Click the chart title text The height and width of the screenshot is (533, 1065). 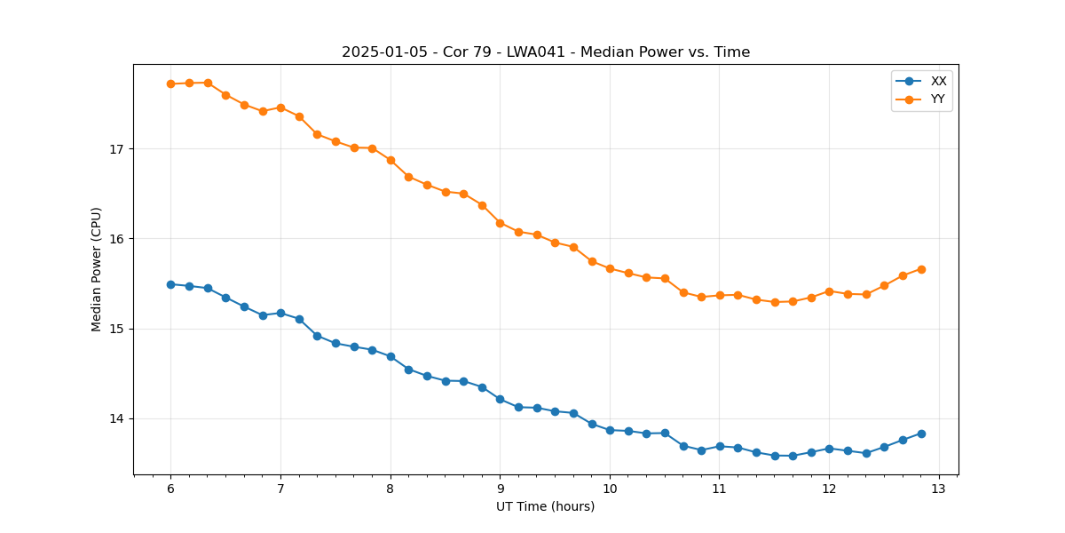click(546, 52)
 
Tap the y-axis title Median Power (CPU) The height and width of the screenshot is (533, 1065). click(97, 269)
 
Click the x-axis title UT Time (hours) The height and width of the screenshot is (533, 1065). click(545, 506)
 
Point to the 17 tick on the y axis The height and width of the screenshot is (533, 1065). click(115, 149)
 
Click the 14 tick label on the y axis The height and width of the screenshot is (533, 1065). click(115, 419)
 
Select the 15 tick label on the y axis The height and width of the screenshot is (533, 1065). click(115, 329)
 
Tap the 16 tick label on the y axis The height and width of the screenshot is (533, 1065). click(115, 239)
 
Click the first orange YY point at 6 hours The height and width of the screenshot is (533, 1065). click(170, 84)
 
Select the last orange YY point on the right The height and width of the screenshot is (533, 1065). click(921, 269)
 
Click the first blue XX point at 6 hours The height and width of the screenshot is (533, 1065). click(170, 284)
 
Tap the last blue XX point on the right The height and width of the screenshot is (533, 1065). click(921, 434)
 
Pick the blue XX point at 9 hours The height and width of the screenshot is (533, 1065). click(500, 399)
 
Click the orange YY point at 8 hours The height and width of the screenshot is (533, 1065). click(390, 160)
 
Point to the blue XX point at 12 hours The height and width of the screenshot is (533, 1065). click(829, 449)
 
